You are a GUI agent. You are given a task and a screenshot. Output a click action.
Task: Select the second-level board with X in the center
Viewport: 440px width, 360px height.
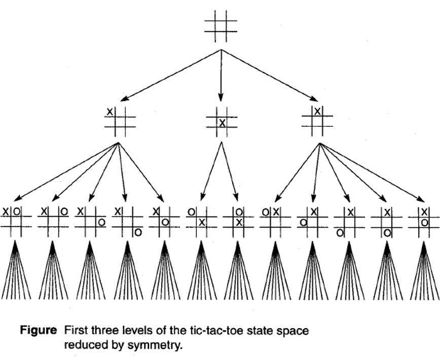[x=222, y=121]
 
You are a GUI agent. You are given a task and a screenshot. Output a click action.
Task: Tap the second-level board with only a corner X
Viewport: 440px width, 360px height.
[x=120, y=121]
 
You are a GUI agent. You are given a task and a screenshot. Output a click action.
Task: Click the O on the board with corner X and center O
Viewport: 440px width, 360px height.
[x=165, y=222]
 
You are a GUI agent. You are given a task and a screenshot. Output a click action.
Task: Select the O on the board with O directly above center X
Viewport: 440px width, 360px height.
[x=239, y=211]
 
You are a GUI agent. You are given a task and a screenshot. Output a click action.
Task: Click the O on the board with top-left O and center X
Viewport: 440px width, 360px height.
[x=191, y=211]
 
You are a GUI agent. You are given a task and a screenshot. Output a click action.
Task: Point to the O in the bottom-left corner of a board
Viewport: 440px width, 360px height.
[x=340, y=233]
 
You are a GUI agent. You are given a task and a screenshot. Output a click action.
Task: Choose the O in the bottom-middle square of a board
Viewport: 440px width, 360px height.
[x=387, y=233]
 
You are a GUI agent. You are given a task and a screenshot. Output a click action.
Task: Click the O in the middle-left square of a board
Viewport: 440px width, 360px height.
[x=303, y=222]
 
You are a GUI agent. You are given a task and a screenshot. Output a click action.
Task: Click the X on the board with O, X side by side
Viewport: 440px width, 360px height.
[x=276, y=211]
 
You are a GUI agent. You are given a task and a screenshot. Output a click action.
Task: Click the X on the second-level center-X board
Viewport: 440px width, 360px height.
[x=222, y=122]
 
